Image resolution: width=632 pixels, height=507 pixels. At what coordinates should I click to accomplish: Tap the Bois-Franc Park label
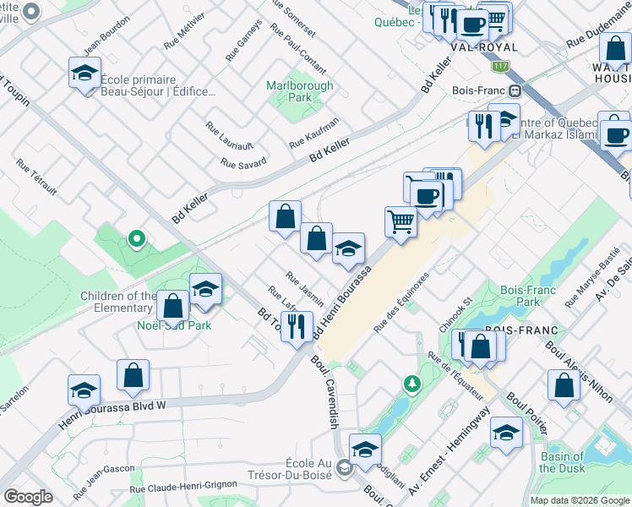click(x=519, y=295)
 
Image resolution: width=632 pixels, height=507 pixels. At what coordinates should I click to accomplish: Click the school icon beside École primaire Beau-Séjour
click(x=84, y=74)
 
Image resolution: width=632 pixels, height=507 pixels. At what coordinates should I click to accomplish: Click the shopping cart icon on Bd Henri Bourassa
click(x=400, y=222)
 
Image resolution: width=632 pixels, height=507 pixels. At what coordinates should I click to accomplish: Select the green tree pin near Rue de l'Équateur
click(x=412, y=384)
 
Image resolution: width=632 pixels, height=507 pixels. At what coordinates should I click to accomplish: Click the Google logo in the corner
click(x=28, y=497)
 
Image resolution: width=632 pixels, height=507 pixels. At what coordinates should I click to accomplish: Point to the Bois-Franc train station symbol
click(x=514, y=90)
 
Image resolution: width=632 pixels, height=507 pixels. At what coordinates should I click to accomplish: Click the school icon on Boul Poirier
click(x=506, y=433)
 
